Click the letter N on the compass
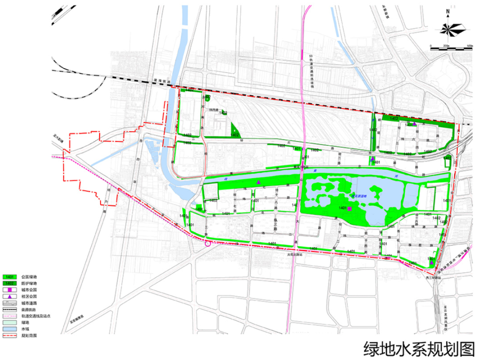click(448, 12)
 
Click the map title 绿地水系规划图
click(419, 348)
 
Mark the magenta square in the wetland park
click(350, 208)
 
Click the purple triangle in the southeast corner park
click(432, 263)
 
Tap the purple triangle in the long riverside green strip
click(258, 182)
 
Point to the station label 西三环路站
click(433, 278)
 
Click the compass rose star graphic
click(452, 29)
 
